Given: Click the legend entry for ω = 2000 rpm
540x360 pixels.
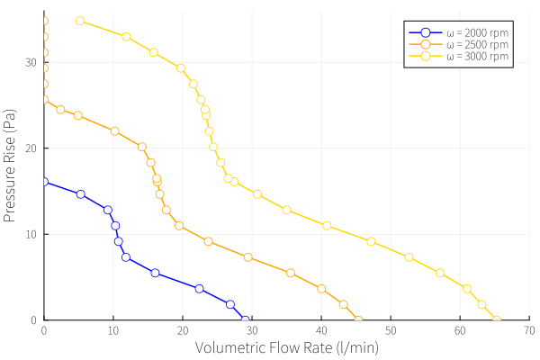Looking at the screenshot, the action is click(x=459, y=32).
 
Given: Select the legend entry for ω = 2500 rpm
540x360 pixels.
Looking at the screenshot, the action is click(x=459, y=44).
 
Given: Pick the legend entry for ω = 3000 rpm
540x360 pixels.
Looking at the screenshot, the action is click(x=459, y=56).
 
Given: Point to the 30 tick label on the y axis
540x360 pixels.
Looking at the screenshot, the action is click(x=31, y=62).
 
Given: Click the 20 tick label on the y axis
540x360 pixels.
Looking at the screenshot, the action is click(x=31, y=148).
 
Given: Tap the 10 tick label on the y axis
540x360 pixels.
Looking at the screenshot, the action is click(x=31, y=234).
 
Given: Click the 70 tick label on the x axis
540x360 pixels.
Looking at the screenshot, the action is click(x=529, y=330).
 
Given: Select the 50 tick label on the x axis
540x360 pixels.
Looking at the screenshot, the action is click(x=391, y=330).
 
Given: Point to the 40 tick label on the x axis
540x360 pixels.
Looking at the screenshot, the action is click(x=321, y=330).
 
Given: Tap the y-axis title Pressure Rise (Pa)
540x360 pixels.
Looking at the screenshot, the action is click(x=9, y=166).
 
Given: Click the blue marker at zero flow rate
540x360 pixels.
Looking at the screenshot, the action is click(x=44, y=182).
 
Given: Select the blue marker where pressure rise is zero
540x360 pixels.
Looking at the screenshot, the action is click(x=245, y=320).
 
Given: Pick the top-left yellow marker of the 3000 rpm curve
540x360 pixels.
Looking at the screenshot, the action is click(x=80, y=21).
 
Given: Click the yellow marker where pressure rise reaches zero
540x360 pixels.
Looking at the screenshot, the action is click(x=496, y=320).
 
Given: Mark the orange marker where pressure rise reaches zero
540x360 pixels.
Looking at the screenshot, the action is click(x=358, y=320).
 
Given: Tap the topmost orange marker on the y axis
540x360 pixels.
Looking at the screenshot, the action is click(x=44, y=21).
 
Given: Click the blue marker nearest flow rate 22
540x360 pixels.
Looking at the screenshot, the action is click(x=199, y=289).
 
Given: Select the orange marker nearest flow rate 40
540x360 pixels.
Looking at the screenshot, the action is click(x=321, y=289).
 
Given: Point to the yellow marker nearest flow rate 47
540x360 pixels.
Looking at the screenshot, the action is click(x=371, y=241).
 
